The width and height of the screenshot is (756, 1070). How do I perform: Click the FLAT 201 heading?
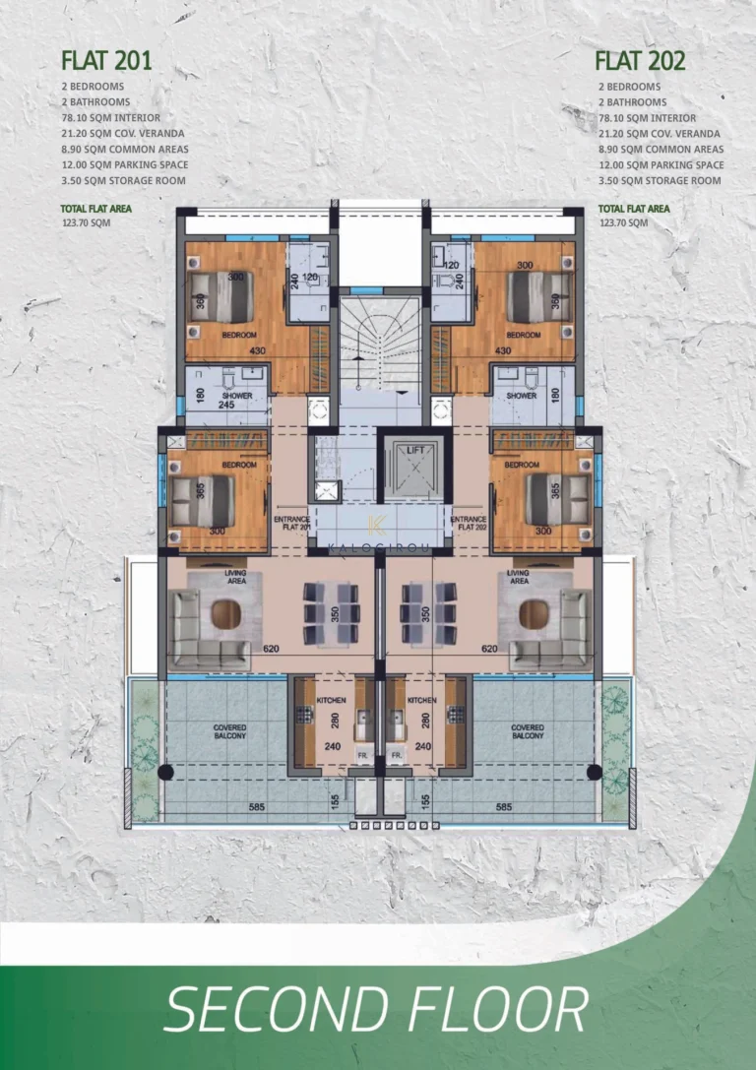106,61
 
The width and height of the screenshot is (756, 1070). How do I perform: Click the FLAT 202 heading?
640,61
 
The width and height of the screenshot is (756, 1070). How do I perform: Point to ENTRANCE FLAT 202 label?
469,522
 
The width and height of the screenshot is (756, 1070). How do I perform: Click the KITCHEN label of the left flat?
331,700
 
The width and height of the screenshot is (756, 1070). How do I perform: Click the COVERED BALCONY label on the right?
527,731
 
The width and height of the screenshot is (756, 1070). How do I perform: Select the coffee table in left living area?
224,616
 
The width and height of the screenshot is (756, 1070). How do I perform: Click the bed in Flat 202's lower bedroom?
556,499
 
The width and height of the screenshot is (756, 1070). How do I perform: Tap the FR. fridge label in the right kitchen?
396,755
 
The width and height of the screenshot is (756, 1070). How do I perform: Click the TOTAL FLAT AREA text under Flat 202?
634,209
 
